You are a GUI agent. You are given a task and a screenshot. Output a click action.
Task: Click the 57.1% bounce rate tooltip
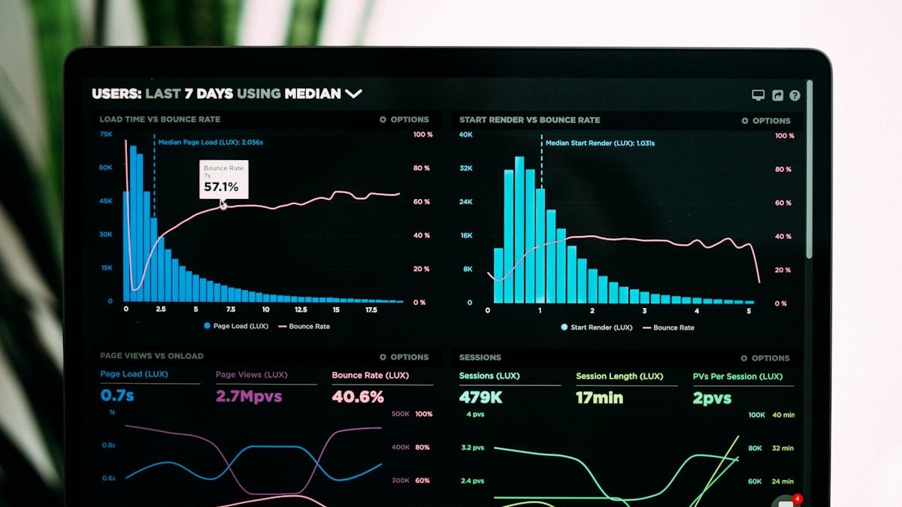223,180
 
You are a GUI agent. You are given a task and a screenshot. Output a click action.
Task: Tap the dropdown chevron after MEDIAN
353,94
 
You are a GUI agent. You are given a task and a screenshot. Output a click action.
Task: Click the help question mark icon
795,95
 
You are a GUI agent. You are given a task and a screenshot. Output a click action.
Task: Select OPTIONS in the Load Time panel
404,119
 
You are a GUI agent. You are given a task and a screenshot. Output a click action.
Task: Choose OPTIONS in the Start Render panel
766,120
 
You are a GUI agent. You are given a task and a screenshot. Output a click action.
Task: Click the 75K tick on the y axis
106,134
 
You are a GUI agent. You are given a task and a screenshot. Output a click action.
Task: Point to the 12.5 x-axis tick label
301,309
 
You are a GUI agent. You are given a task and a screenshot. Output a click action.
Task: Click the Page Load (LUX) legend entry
235,326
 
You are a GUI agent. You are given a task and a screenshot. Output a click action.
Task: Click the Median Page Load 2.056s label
210,142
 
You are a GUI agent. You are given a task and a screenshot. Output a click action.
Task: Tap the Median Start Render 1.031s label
600,143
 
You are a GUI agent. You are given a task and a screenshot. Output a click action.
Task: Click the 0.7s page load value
117,395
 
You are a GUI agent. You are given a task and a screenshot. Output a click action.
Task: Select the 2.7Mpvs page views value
249,396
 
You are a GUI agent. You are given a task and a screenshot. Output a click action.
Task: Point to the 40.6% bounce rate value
358,397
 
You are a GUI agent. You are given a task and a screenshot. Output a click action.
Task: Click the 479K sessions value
481,397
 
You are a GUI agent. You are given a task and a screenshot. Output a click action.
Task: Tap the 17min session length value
600,398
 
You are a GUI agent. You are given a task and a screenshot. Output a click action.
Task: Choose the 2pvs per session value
712,398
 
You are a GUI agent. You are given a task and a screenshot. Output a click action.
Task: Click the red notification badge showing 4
797,499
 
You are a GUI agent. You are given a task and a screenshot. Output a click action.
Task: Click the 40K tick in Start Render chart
466,135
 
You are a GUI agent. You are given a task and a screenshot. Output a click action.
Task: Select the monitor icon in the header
758,95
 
